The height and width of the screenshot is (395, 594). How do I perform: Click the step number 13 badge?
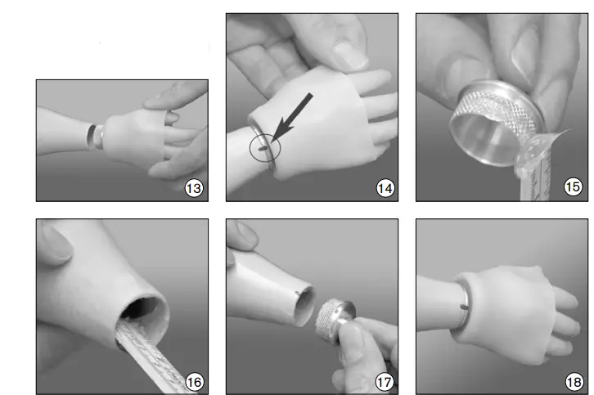pos(194,188)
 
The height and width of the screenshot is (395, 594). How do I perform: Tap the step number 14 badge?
pos(385,188)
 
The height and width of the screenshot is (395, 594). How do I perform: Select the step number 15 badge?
pos(574,188)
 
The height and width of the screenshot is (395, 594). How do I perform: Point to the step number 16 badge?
pos(194,381)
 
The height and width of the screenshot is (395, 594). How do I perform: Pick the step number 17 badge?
pos(385,381)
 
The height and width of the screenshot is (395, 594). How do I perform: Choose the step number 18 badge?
pos(574,381)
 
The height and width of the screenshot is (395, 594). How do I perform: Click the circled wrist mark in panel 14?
pos(264,149)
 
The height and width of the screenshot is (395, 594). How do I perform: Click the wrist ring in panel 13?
pos(96,136)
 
